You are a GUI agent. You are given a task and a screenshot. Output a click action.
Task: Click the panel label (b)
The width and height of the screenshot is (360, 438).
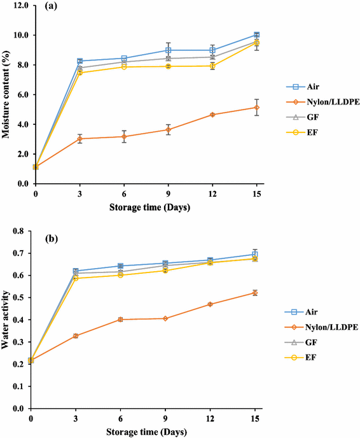(53, 241)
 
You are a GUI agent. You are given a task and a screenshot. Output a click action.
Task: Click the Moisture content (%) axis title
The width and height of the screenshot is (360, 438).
(7, 94)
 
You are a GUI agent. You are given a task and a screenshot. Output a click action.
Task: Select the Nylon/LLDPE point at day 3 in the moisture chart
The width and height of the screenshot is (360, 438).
(80, 138)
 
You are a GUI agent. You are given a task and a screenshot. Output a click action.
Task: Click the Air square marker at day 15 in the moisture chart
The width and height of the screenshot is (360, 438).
(256, 35)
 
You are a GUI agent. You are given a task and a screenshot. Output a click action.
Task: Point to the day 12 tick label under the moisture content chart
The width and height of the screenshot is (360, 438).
(212, 192)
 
